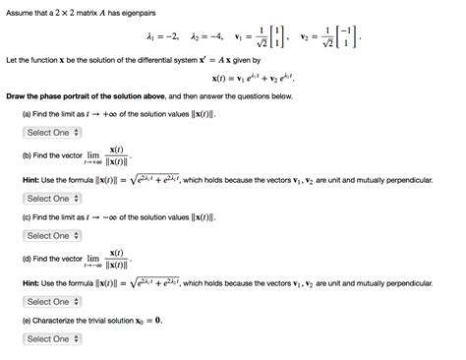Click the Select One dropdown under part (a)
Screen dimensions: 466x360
point(47,132)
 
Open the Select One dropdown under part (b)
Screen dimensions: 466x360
point(47,198)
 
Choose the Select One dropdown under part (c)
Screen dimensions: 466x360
point(47,235)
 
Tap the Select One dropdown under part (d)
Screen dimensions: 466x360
point(47,301)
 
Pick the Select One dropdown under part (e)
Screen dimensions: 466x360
point(47,338)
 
